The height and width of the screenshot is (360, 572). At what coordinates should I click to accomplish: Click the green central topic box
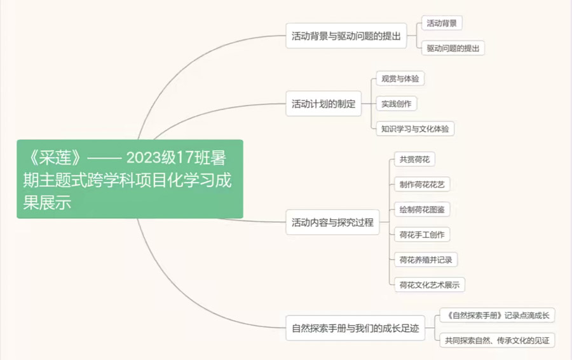point(130,179)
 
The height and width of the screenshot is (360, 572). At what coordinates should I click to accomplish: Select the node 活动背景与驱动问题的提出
point(346,36)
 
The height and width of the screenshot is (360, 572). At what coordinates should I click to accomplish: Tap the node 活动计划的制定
point(323,104)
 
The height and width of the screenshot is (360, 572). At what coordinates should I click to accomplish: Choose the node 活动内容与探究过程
point(332,223)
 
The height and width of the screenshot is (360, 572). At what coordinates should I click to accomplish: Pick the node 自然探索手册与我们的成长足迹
point(355,328)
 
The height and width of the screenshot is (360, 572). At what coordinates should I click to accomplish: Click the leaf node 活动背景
point(442,24)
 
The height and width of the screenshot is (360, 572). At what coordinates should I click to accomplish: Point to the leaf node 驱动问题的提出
point(453,48)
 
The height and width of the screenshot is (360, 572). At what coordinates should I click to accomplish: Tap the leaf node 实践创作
point(397,104)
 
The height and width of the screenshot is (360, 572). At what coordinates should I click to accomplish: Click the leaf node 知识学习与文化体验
point(414,128)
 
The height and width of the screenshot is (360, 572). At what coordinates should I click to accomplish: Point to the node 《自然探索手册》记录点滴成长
point(498,315)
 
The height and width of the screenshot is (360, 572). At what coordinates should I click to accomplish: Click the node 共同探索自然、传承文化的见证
point(498,340)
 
